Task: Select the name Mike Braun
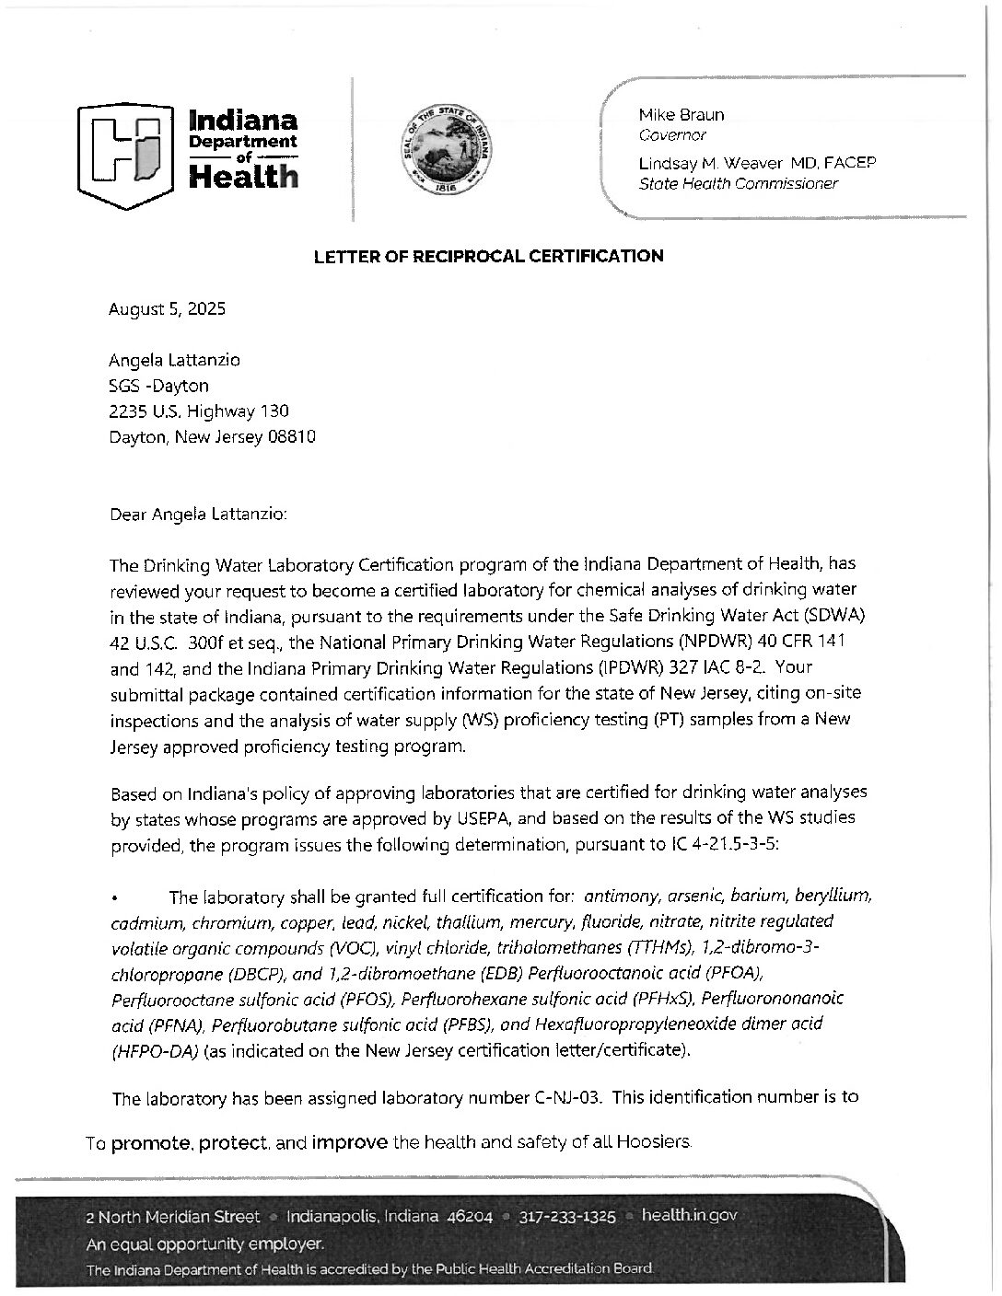pyautogui.click(x=681, y=115)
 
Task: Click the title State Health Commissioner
pyautogui.click(x=739, y=183)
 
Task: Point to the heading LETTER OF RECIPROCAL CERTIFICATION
pyautogui.click(x=488, y=256)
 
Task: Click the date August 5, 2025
pyautogui.click(x=168, y=308)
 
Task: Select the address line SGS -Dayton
pyautogui.click(x=159, y=385)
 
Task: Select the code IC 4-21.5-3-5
pyautogui.click(x=720, y=844)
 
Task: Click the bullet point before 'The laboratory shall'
pyautogui.click(x=114, y=897)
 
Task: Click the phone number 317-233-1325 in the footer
pyautogui.click(x=567, y=1216)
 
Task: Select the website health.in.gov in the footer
pyautogui.click(x=689, y=1216)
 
